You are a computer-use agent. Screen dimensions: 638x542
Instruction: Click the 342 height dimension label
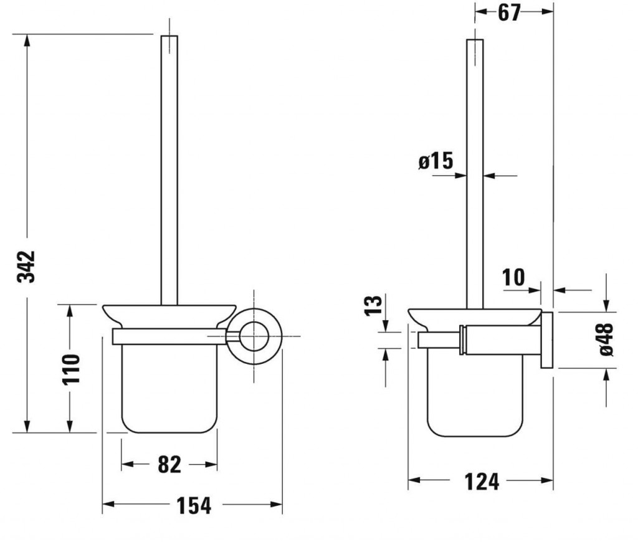click(26, 267)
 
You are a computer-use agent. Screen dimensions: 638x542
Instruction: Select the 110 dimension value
click(71, 369)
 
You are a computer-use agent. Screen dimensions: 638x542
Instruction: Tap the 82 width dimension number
click(169, 464)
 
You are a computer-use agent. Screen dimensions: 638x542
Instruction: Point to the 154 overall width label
click(194, 506)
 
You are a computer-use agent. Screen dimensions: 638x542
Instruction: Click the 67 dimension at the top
click(509, 12)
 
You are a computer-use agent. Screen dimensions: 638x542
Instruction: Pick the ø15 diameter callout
click(436, 160)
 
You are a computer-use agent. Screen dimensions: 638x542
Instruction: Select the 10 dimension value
click(513, 277)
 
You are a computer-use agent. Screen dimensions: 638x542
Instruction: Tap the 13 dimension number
click(374, 305)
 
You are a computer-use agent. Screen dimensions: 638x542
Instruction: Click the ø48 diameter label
click(606, 339)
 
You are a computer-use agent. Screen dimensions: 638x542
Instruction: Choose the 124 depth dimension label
click(482, 482)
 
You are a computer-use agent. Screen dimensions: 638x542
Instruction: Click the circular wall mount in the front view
click(254, 336)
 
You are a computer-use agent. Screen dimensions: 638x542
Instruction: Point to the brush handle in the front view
click(169, 170)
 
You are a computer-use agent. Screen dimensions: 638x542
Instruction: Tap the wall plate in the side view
click(547, 341)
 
